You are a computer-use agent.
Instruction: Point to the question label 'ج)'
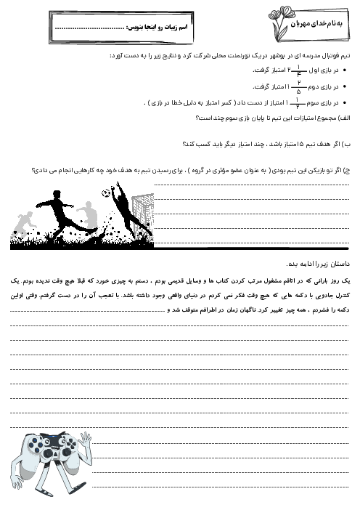pos(346,171)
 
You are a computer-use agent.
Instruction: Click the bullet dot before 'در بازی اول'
pos(343,70)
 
